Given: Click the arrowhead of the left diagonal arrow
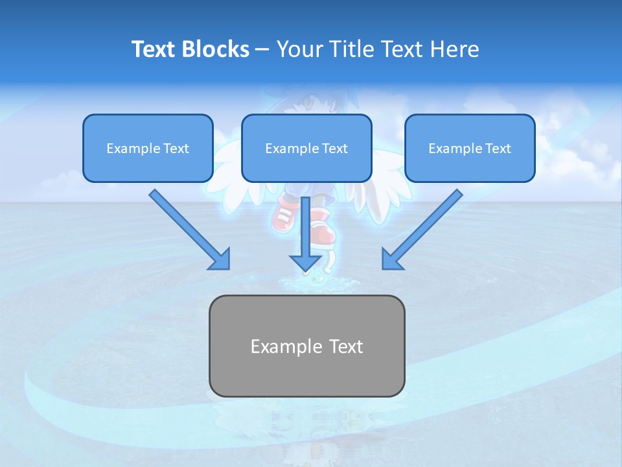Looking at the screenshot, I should pos(220,259).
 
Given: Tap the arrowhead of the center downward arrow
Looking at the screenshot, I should pos(305,262).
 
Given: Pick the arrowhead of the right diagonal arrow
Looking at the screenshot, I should pos(391,259).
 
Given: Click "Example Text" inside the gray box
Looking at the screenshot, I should pos(306,346).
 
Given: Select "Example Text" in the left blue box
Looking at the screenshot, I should pos(148,149).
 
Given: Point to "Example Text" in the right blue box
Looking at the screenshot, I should pos(470,149).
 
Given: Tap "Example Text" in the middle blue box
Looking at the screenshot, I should pos(306,149).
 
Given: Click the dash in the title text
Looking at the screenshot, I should pos(263,50).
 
